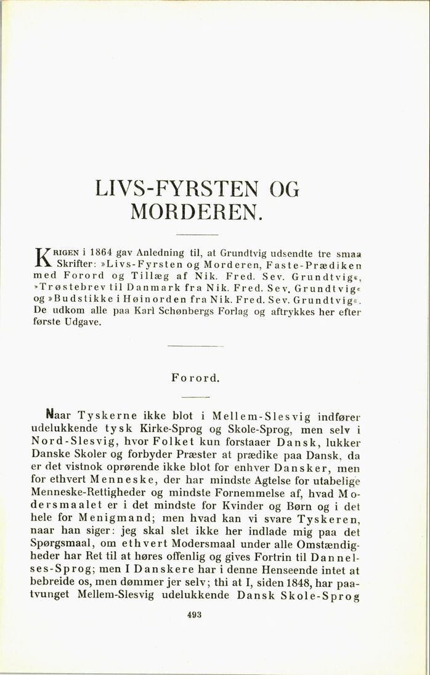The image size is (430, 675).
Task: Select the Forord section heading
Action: (196, 378)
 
